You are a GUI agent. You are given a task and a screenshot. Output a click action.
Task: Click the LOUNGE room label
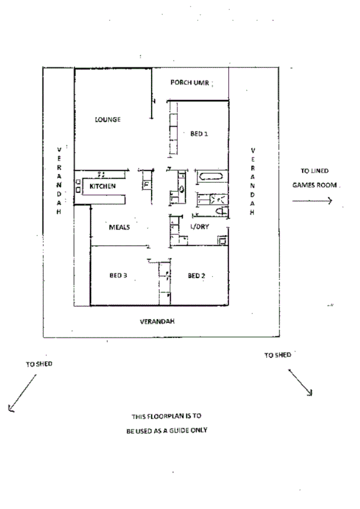click(108, 119)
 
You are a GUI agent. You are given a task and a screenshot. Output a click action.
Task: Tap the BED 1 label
click(199, 134)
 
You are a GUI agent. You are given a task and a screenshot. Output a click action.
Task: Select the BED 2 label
click(196, 276)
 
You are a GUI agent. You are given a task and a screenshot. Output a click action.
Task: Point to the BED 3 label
click(118, 276)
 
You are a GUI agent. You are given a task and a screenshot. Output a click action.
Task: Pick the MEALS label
click(120, 227)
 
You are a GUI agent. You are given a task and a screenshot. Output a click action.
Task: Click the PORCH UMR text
click(190, 83)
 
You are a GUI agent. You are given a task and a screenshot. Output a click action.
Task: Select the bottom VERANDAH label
click(157, 321)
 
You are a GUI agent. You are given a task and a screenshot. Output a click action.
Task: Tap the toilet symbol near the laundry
click(221, 209)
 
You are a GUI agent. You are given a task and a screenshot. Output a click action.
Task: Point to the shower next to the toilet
click(218, 197)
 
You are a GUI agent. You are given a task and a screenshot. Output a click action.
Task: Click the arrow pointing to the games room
click(311, 201)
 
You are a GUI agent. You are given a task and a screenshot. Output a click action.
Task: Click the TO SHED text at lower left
click(40, 363)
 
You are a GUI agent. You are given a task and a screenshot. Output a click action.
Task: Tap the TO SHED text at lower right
click(277, 355)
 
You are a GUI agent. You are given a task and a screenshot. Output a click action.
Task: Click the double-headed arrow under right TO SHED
click(301, 382)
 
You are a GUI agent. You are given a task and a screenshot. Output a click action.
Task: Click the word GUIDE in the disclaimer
click(176, 430)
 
